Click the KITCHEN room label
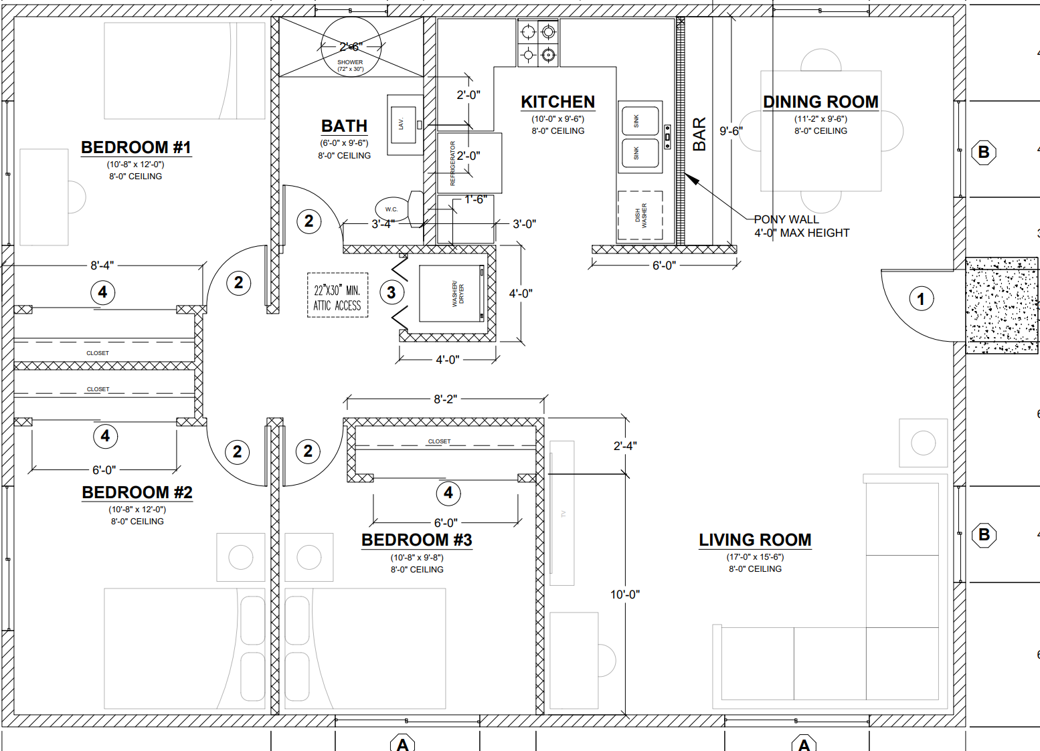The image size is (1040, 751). [557, 102]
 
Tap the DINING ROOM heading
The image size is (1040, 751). [820, 102]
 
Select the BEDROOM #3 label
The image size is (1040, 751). [416, 540]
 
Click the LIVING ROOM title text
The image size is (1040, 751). [755, 540]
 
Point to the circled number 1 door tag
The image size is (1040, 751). [921, 298]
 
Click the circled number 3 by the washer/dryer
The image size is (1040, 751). [392, 292]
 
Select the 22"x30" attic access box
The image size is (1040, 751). [337, 295]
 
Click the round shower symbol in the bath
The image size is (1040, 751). [351, 47]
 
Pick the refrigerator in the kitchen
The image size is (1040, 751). [469, 163]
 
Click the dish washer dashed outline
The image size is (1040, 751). [640, 215]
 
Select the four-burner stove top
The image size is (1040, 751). [538, 43]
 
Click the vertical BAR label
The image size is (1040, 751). [699, 134]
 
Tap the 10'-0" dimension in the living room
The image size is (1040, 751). [624, 595]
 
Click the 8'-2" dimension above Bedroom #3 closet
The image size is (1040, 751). [445, 399]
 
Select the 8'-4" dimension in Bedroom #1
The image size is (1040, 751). [102, 265]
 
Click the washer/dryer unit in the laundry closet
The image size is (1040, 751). [452, 294]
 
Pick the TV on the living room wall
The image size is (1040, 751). [562, 513]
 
